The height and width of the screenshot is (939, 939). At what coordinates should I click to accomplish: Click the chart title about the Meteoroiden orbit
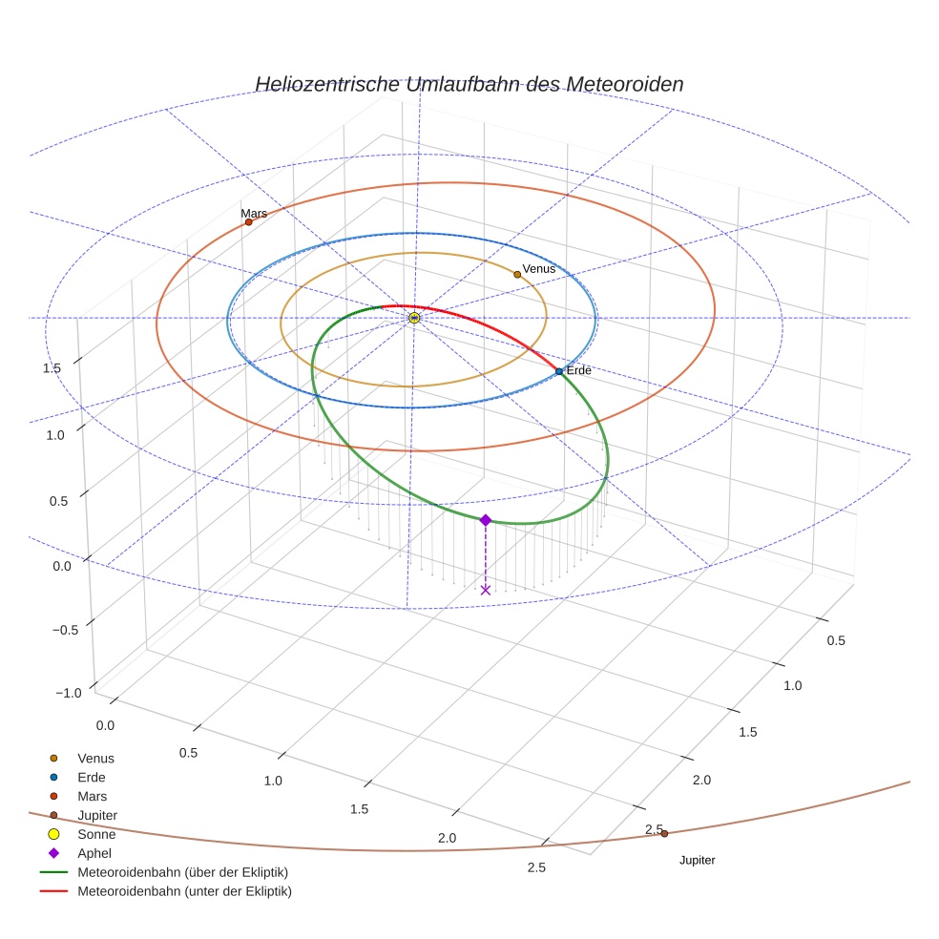click(469, 84)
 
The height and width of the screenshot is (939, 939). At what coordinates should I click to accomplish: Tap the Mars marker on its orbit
click(249, 222)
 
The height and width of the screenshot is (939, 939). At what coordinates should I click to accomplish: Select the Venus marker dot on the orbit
click(517, 275)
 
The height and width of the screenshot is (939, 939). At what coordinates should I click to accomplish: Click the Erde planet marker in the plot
click(559, 371)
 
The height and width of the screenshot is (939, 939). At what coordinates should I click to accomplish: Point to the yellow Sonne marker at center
click(414, 318)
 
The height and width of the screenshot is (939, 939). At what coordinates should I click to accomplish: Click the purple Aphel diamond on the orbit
click(486, 520)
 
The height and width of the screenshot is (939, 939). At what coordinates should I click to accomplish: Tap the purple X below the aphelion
click(486, 590)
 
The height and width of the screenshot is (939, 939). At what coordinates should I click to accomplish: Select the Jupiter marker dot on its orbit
click(664, 833)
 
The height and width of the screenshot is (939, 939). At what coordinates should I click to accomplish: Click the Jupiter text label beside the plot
click(697, 861)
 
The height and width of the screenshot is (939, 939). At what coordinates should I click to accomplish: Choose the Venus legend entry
click(95, 759)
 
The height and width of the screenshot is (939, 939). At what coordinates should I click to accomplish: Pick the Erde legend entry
click(92, 778)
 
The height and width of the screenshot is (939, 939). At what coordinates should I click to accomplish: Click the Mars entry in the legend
click(92, 796)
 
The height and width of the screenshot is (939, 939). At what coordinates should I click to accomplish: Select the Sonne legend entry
click(96, 834)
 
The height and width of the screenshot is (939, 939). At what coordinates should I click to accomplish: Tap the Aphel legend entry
click(94, 853)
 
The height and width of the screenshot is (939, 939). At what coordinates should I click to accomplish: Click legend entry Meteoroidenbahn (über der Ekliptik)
click(182, 872)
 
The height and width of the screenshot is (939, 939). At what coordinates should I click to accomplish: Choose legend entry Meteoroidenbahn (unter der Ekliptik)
click(184, 891)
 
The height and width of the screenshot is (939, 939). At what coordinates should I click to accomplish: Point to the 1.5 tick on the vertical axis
click(52, 368)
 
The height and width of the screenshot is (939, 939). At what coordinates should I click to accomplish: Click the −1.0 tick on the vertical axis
click(66, 693)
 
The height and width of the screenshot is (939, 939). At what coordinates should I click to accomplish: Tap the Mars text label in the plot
click(254, 214)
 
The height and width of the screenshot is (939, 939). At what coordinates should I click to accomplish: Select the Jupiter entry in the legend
click(97, 815)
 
